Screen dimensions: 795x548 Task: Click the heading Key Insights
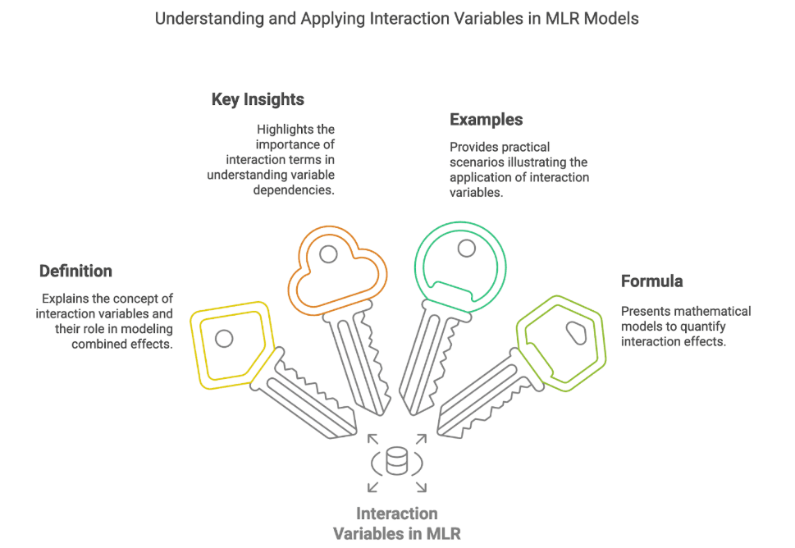[258, 100]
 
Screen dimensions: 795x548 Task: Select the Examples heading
[487, 120]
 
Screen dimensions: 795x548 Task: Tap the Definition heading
[75, 272]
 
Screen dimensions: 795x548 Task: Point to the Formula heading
[652, 281]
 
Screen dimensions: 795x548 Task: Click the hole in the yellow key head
[224, 339]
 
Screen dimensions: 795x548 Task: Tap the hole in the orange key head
[328, 254]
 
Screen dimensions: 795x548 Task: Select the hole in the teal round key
[467, 249]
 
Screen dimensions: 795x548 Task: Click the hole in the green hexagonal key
[577, 333]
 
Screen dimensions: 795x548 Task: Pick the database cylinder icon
[396, 460]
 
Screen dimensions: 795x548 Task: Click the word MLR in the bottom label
[444, 534]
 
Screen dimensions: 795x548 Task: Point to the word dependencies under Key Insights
[294, 190]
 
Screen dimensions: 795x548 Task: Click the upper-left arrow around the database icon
[373, 439]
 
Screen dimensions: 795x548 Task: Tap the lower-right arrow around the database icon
[421, 486]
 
